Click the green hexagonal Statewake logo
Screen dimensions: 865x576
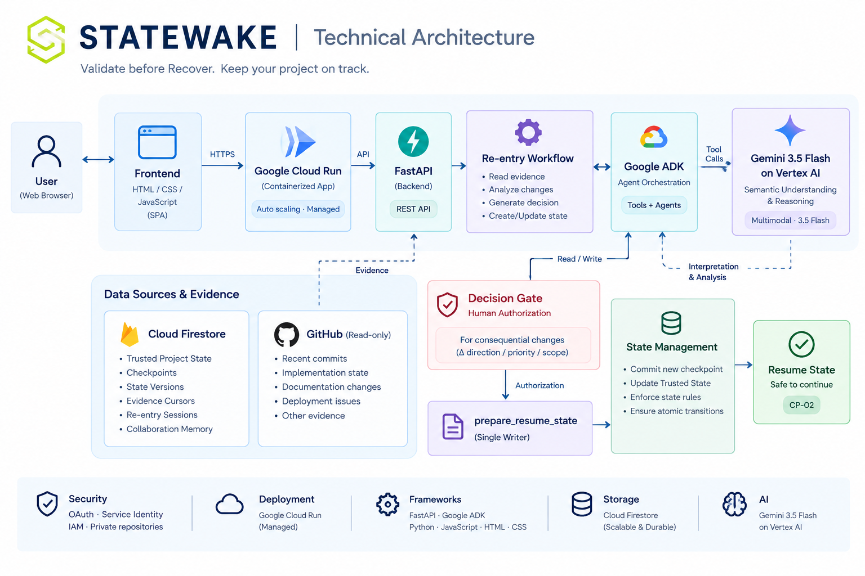coord(46,39)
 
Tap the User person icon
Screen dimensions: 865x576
coord(46,151)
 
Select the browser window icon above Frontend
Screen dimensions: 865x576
coord(157,142)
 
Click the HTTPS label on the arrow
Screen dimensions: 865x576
coord(222,154)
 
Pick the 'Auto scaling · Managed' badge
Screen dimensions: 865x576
coord(298,209)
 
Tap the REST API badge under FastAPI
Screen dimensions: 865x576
coord(413,209)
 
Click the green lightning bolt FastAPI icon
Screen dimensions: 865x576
coord(413,142)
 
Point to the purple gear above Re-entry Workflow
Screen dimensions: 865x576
coord(528,132)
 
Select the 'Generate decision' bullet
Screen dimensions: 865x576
coord(523,202)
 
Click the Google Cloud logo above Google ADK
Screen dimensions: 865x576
coord(654,137)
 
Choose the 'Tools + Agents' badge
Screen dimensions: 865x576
coord(654,205)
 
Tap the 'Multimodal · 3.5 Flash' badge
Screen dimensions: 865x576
coord(790,220)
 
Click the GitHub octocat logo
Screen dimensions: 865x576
coord(287,335)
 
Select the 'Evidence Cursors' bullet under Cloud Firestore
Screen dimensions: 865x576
coord(160,401)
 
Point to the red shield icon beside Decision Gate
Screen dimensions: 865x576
coord(447,305)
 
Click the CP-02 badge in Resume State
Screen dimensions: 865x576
coord(801,405)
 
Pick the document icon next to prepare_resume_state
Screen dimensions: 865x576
coord(453,426)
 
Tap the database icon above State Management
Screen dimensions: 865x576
coord(671,323)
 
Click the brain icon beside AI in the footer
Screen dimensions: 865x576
coord(734,504)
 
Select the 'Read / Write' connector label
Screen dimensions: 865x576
coord(579,259)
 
